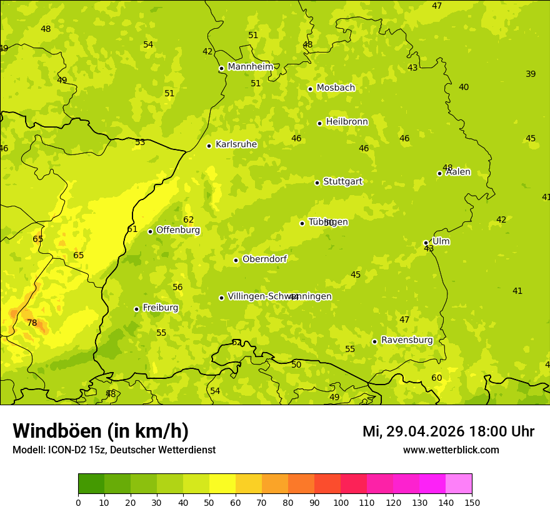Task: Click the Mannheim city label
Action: [250, 67]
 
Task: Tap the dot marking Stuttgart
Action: [317, 183]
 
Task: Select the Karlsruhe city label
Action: [236, 144]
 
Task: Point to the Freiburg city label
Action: [160, 308]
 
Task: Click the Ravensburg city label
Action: [406, 340]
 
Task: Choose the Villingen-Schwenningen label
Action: [279, 296]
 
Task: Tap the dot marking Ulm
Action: [426, 243]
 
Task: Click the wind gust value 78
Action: [32, 323]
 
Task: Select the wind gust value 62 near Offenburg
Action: [188, 220]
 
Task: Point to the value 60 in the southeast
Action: [436, 378]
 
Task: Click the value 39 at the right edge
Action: [531, 74]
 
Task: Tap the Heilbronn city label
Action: [347, 122]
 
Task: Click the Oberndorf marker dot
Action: [236, 260]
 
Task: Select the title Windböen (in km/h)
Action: [100, 431]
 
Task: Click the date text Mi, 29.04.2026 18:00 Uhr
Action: [448, 431]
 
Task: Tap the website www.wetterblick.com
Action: [451, 450]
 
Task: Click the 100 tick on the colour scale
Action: [341, 502]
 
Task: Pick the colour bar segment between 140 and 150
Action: [459, 484]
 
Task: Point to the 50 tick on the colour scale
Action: [209, 502]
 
